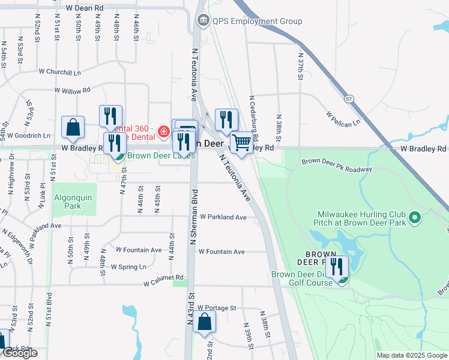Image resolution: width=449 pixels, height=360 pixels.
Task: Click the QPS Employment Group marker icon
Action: (x=203, y=21)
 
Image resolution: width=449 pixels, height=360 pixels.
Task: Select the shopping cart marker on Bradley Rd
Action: (x=242, y=143)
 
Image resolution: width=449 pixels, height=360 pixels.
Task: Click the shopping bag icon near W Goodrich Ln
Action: (x=73, y=127)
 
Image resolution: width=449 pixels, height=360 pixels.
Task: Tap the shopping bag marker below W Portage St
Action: (x=204, y=322)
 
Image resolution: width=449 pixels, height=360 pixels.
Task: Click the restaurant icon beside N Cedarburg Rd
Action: (x=226, y=119)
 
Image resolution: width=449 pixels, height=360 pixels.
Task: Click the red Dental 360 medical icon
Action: (x=163, y=131)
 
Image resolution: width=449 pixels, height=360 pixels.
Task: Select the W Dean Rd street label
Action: (x=85, y=8)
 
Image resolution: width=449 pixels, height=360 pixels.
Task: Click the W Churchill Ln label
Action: (x=59, y=71)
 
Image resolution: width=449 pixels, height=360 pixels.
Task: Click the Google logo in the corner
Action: (x=20, y=353)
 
